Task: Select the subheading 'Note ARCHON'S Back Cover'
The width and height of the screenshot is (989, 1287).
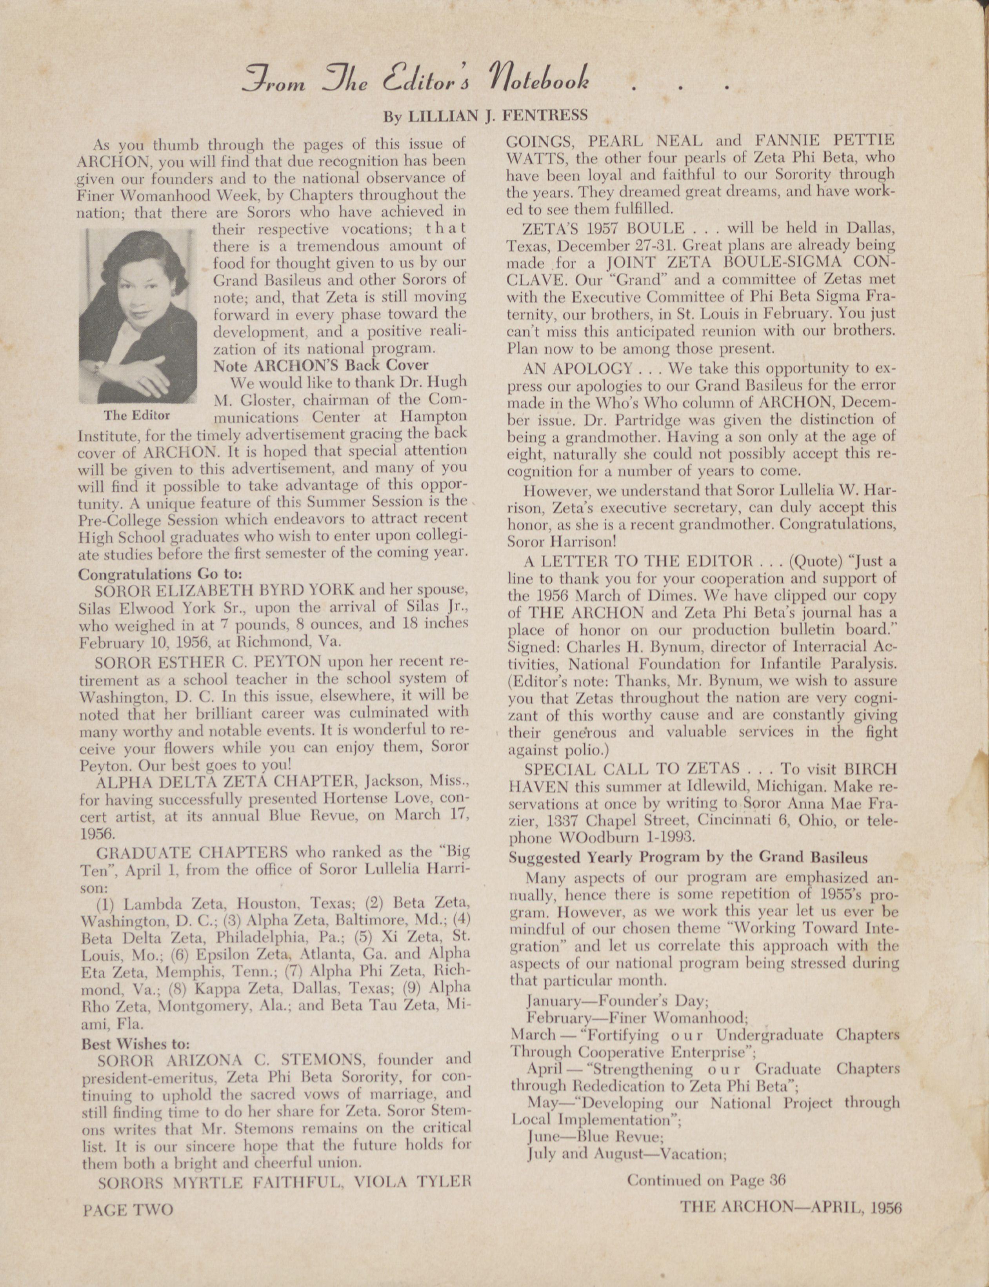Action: (x=321, y=365)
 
